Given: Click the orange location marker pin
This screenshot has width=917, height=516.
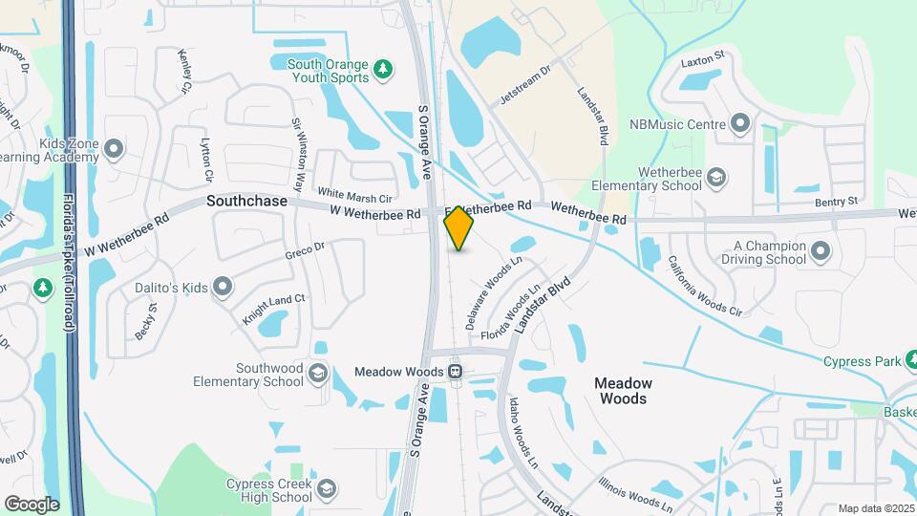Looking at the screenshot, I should pos(459,227).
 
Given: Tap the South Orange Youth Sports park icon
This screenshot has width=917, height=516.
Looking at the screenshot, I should pos(383,68).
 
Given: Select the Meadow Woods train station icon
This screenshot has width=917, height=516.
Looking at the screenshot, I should pos(456,371).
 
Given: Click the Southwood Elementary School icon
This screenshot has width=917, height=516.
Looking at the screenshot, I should pos(318,371).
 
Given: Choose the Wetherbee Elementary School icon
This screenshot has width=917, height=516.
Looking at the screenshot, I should pos(716,177).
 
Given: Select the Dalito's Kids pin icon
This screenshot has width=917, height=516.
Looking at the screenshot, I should pos(223,285).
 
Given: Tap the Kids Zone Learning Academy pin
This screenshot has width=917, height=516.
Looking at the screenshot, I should pos(114,149).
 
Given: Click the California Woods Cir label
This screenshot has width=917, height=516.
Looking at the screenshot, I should pos(705,286).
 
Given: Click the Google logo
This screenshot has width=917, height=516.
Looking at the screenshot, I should pos(32,504).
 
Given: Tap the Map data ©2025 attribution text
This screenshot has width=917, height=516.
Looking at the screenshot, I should pos(875,508).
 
